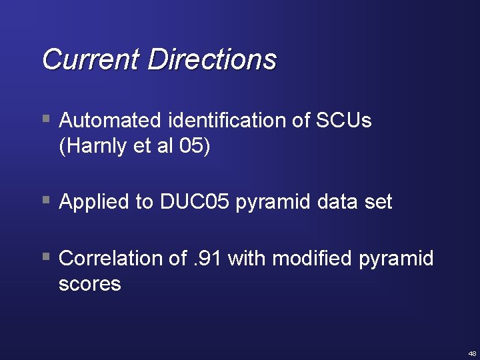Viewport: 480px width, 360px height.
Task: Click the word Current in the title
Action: click(91, 59)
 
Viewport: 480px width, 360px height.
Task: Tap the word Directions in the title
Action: click(212, 59)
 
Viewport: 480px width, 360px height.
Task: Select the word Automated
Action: click(111, 121)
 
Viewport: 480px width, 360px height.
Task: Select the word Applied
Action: click(97, 201)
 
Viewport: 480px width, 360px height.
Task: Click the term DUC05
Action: click(195, 201)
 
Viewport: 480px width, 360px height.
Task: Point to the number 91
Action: click(211, 258)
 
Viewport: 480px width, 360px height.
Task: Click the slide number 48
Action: click(472, 353)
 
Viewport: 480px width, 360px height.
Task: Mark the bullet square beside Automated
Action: click(46, 120)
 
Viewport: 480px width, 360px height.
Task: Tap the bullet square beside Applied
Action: click(46, 200)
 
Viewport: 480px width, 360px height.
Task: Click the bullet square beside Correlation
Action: click(46, 257)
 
